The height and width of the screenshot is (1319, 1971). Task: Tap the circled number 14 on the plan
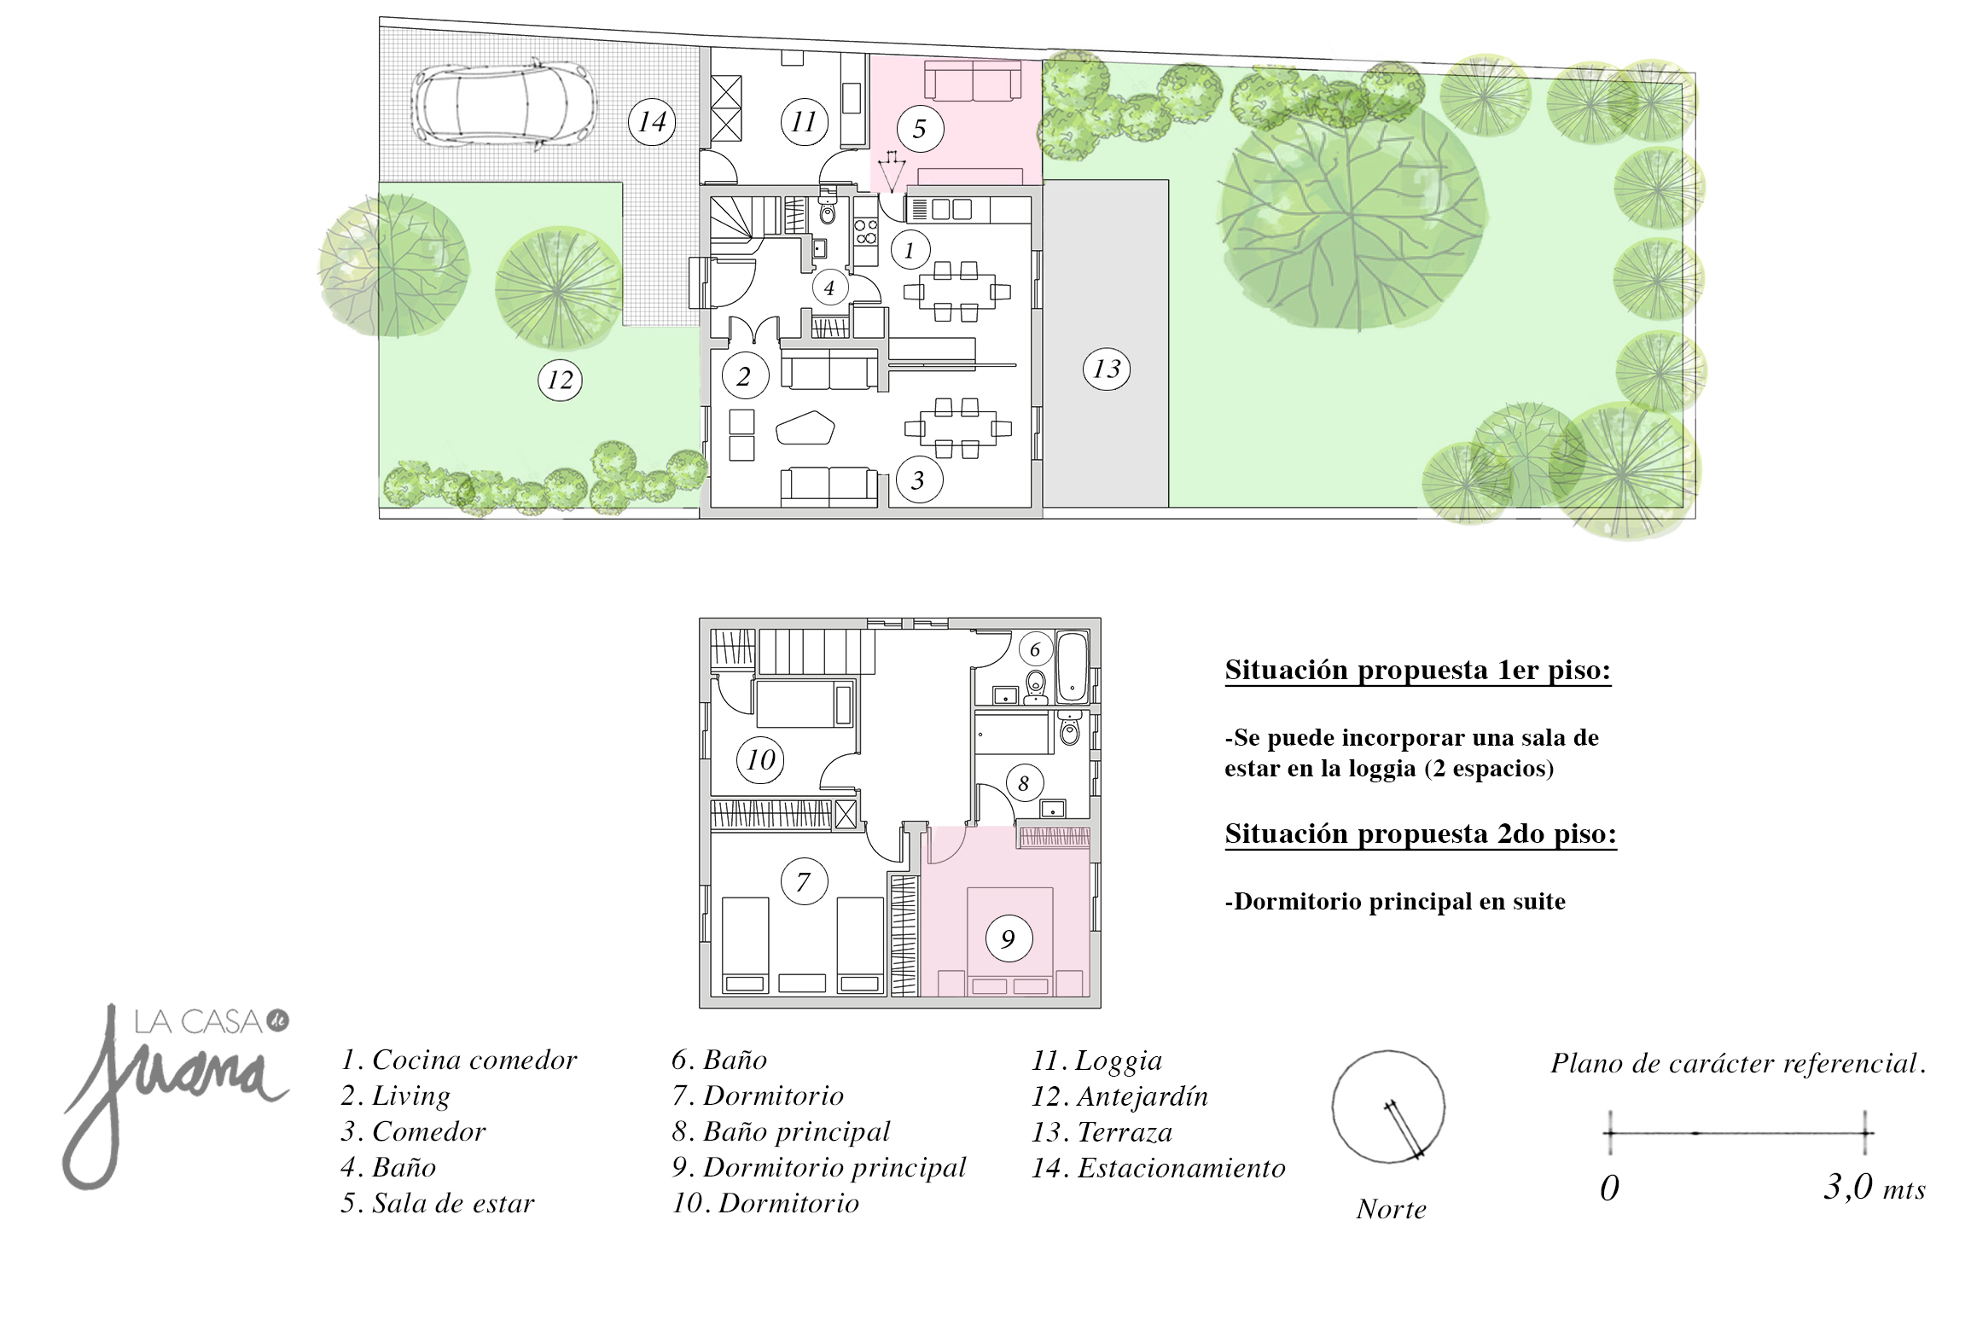652,122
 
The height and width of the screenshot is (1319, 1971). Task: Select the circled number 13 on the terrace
1107,369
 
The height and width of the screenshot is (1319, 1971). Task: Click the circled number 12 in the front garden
560,380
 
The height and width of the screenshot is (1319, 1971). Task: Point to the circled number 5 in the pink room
919,129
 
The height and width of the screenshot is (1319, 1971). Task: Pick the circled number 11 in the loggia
804,122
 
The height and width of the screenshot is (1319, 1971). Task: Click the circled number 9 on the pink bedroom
1008,939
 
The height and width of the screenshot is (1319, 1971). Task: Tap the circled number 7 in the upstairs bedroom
803,881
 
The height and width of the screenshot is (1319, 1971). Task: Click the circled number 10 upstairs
761,759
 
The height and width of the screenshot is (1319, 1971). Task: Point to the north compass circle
1388,1107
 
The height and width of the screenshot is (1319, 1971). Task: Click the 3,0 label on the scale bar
1848,1187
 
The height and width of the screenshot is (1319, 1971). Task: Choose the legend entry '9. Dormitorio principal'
819,1167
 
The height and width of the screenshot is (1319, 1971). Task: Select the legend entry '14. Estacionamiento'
1159,1167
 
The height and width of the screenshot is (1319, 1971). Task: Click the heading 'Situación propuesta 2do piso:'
1421,834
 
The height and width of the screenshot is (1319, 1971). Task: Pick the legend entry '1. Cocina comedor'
459,1060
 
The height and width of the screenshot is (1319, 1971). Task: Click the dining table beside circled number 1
956,292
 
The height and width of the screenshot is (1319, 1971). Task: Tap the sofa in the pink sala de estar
973,81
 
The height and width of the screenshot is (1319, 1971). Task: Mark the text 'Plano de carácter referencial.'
1739,1063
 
